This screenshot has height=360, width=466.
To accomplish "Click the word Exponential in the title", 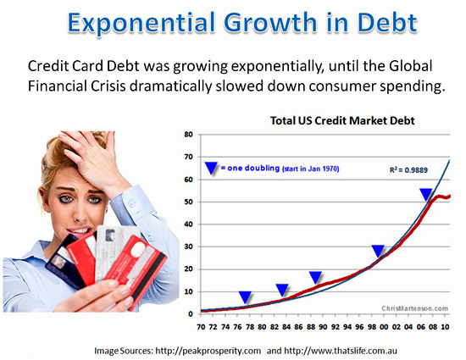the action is (x=141, y=23).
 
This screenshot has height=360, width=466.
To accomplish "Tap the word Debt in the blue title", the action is (x=387, y=22).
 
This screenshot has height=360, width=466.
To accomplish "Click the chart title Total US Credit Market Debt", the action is (x=342, y=120).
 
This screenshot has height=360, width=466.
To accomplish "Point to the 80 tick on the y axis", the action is (x=189, y=134).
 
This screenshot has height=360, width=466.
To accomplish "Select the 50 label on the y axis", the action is (x=189, y=202).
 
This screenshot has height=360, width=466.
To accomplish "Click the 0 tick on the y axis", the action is (x=191, y=314).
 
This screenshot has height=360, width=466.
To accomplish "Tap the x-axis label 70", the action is (x=201, y=327).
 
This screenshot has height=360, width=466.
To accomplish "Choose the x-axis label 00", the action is (x=384, y=327).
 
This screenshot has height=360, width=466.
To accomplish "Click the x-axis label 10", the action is (x=445, y=327).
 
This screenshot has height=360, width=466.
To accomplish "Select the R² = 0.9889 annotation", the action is (x=408, y=170).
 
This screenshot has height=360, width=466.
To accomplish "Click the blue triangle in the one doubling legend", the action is (x=211, y=168).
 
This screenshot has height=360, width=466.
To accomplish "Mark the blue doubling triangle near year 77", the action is (x=245, y=297).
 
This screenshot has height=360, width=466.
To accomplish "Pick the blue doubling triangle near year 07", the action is (x=426, y=195).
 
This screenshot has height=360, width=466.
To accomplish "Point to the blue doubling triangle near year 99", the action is (x=378, y=252).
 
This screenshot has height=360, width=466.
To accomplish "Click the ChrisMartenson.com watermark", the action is (x=415, y=308).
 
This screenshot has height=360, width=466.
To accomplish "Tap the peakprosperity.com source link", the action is (x=208, y=351).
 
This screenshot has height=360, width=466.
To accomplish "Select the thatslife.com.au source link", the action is (x=341, y=351).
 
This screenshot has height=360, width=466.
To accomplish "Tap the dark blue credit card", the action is (x=64, y=262).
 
